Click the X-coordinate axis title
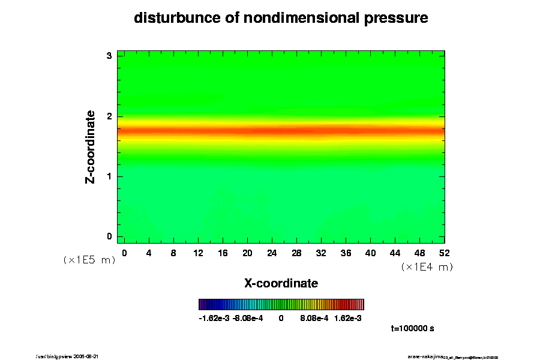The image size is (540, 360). [x=281, y=283]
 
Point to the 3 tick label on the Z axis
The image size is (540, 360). [x=109, y=56]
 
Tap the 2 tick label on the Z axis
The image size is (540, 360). [x=109, y=116]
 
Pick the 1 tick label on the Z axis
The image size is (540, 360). [x=109, y=176]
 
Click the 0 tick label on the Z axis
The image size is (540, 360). [x=109, y=236]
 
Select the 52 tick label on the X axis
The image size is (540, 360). [x=445, y=253]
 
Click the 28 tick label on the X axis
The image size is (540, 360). [x=296, y=253]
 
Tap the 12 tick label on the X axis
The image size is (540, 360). [x=198, y=253]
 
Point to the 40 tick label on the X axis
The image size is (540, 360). [x=371, y=253]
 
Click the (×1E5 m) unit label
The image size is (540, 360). [x=89, y=260]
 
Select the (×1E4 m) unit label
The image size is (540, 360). [x=427, y=267]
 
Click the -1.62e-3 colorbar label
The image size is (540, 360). [x=214, y=319]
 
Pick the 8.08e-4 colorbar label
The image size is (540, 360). [x=314, y=319]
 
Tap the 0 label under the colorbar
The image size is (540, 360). [x=281, y=319]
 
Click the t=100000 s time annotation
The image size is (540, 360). [x=412, y=329]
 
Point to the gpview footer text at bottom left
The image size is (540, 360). [x=72, y=356]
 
